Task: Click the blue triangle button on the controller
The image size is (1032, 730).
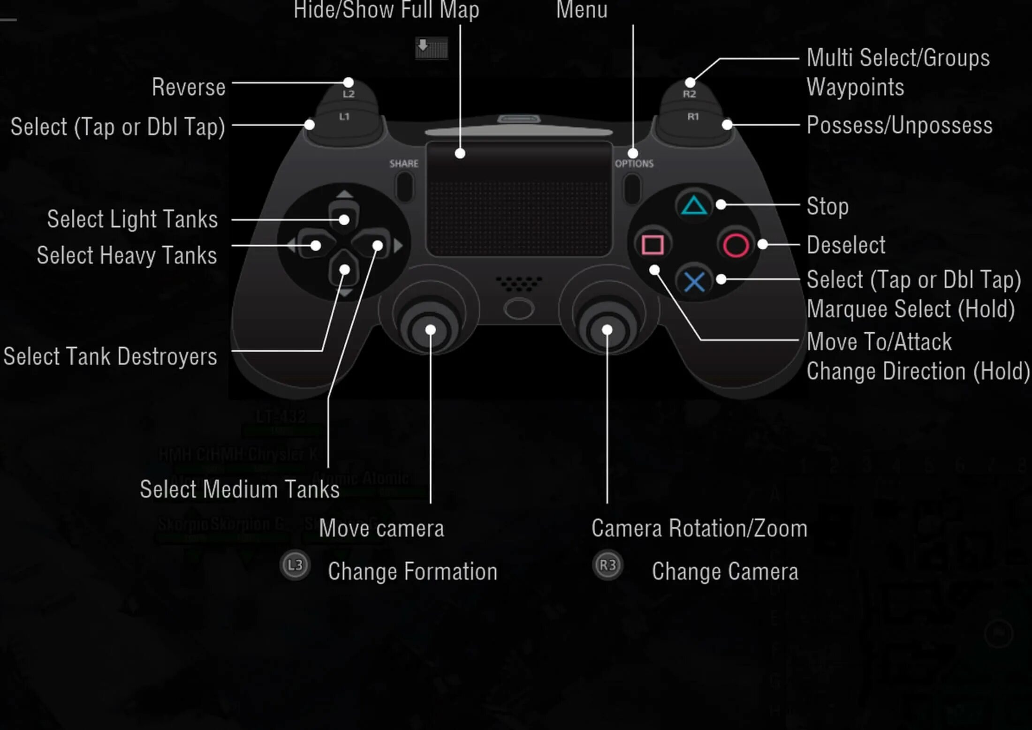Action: tap(694, 205)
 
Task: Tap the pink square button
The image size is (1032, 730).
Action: tap(653, 245)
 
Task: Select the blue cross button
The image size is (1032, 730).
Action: tap(694, 282)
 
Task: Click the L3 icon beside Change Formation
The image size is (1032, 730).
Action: tap(295, 565)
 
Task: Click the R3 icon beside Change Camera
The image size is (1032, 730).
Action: tap(607, 565)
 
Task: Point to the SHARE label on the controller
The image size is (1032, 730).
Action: tap(404, 164)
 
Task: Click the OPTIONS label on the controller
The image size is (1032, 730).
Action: tap(634, 164)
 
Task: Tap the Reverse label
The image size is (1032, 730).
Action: tap(189, 87)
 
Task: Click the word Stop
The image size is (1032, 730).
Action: tap(827, 206)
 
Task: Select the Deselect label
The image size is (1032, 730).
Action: tap(846, 245)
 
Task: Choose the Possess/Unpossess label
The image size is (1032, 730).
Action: tap(899, 125)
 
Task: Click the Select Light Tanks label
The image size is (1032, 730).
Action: tap(132, 219)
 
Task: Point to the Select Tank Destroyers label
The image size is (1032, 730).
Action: tap(110, 356)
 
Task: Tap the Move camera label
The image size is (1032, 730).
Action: tap(381, 528)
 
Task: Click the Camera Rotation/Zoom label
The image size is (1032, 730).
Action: tap(699, 528)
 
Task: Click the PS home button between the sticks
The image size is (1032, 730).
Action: tap(518, 309)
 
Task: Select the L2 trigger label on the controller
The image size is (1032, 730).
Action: tap(349, 94)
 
